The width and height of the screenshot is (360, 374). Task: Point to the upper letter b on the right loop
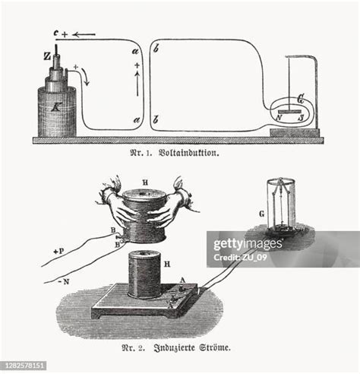156,51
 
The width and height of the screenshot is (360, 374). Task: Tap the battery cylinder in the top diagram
54,110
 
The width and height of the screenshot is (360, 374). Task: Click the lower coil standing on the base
144,275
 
